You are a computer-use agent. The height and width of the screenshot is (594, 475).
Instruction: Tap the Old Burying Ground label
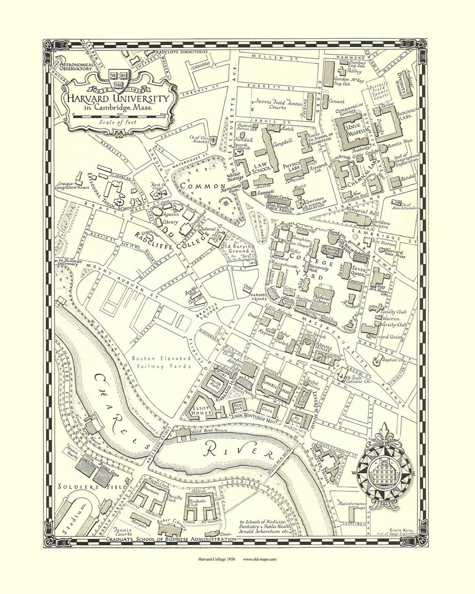pos(237,248)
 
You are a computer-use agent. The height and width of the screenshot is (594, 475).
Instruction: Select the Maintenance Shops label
pos(352,506)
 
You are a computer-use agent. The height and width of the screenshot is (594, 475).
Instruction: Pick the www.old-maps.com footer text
pos(259,559)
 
